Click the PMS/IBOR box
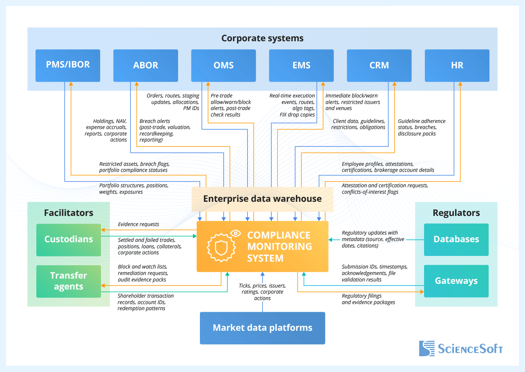(68, 66)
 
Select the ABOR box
(145, 66)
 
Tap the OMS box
(223, 66)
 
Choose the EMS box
(301, 66)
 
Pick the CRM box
(379, 66)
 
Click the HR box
(457, 66)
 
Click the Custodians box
(69, 239)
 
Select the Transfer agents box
(69, 281)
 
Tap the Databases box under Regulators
(456, 239)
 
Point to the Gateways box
(456, 281)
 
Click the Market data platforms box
(262, 328)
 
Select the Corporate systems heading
(262, 38)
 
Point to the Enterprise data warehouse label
(262, 199)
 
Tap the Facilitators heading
(69, 213)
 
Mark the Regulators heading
(456, 213)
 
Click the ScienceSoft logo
(461, 349)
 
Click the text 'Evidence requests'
(139, 224)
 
